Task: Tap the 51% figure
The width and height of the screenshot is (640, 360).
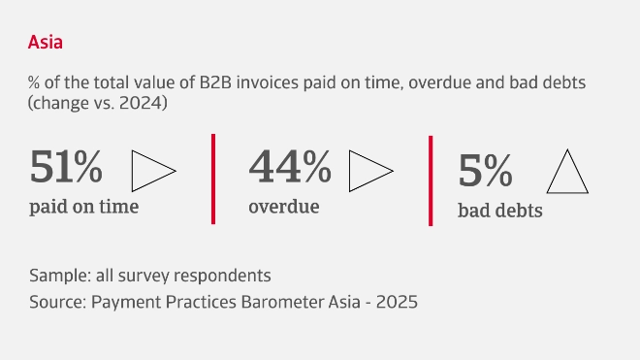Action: click(66, 168)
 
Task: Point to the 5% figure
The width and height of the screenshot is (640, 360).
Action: click(485, 172)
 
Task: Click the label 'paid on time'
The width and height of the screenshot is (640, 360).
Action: click(83, 207)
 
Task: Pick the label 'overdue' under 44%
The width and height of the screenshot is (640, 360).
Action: click(284, 207)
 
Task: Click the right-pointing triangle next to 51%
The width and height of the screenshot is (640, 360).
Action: click(151, 170)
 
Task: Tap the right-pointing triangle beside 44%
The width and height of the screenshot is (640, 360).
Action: click(369, 171)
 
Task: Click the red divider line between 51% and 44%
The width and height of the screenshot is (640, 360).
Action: click(213, 179)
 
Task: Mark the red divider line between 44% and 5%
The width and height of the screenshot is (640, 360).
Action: click(431, 180)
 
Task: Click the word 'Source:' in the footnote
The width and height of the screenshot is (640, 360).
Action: click(57, 302)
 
